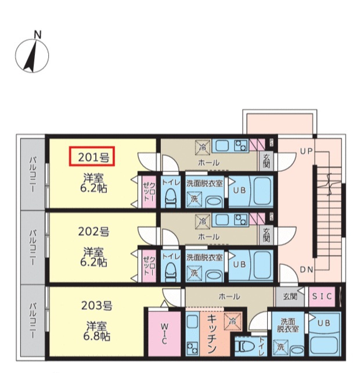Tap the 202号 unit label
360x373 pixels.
(x=93, y=231)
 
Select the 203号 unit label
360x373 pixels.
(x=96, y=306)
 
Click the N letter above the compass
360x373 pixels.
(x=38, y=35)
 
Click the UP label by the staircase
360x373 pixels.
(x=306, y=151)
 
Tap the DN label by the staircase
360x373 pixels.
(x=307, y=270)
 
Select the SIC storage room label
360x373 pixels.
(x=322, y=296)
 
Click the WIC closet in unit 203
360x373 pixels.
(x=164, y=333)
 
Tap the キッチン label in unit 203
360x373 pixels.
(x=212, y=333)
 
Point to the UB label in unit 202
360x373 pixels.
(x=239, y=264)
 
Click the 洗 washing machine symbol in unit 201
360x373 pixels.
(x=195, y=199)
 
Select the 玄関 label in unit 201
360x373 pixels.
(x=267, y=161)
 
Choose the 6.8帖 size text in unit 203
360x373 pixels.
(x=96, y=336)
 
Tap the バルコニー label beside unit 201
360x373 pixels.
(x=33, y=174)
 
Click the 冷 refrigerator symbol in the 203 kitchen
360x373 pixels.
(x=232, y=321)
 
